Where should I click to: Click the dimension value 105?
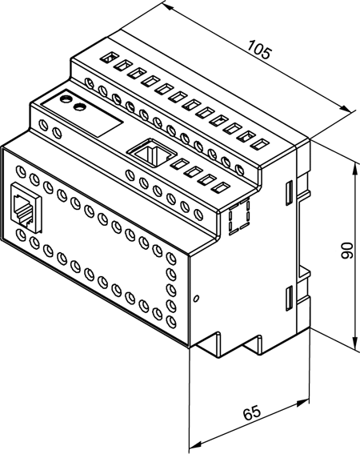pos(260,50)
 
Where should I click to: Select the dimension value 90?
pos(347,251)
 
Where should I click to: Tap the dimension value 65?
pos(251,412)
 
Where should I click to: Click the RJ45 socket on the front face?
pos(26,207)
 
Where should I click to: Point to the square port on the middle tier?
pos(151,152)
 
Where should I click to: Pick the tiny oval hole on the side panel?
pos(197,298)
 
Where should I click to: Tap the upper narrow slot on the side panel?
pos(289,193)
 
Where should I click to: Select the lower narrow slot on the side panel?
pos(289,298)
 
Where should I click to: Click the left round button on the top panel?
pos(66,98)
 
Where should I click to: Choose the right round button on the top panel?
pos(79,106)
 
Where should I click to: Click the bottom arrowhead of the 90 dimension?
pos(354,344)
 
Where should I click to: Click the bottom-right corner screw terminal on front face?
pos(172,321)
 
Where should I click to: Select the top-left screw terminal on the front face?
pos(22,171)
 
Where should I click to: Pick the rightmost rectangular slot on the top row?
pos(259,143)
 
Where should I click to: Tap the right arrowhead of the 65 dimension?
pos(304,403)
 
